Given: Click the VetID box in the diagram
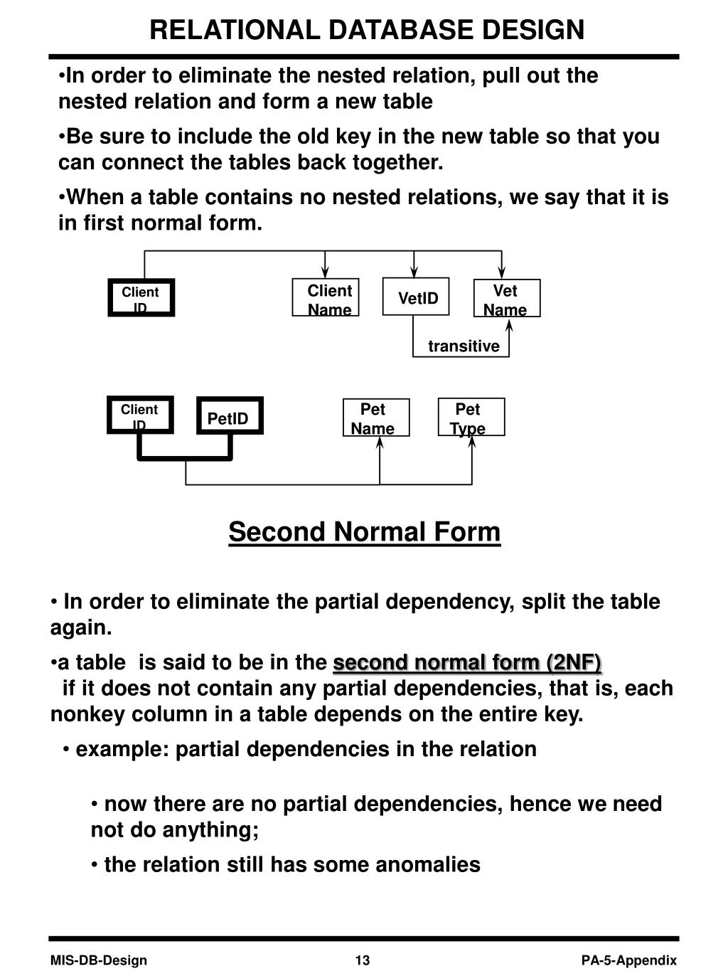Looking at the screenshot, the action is pyautogui.click(x=415, y=297).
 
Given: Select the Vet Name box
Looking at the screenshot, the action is pyautogui.click(x=507, y=298).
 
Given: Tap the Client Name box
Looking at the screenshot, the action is pyautogui.click(x=326, y=297).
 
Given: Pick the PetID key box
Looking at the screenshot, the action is pyautogui.click(x=230, y=415).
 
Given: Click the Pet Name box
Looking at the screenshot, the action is pyautogui.click(x=376, y=417).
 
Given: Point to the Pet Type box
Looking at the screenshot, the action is pyautogui.click(x=471, y=417).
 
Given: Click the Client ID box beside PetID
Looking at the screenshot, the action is pyautogui.click(x=140, y=415).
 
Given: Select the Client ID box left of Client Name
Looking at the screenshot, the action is pyautogui.click(x=141, y=297).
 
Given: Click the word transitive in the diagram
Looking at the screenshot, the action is pyautogui.click(x=464, y=346).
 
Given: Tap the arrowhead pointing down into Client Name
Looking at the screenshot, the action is pyautogui.click(x=325, y=272).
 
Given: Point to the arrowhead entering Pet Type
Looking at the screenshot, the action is pyautogui.click(x=471, y=442).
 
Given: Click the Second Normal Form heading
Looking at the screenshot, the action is pyautogui.click(x=364, y=531).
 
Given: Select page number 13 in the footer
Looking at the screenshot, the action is pyautogui.click(x=363, y=958).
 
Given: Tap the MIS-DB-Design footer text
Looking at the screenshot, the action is pyautogui.click(x=99, y=958).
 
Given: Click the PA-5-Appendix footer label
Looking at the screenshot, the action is pyautogui.click(x=629, y=958).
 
